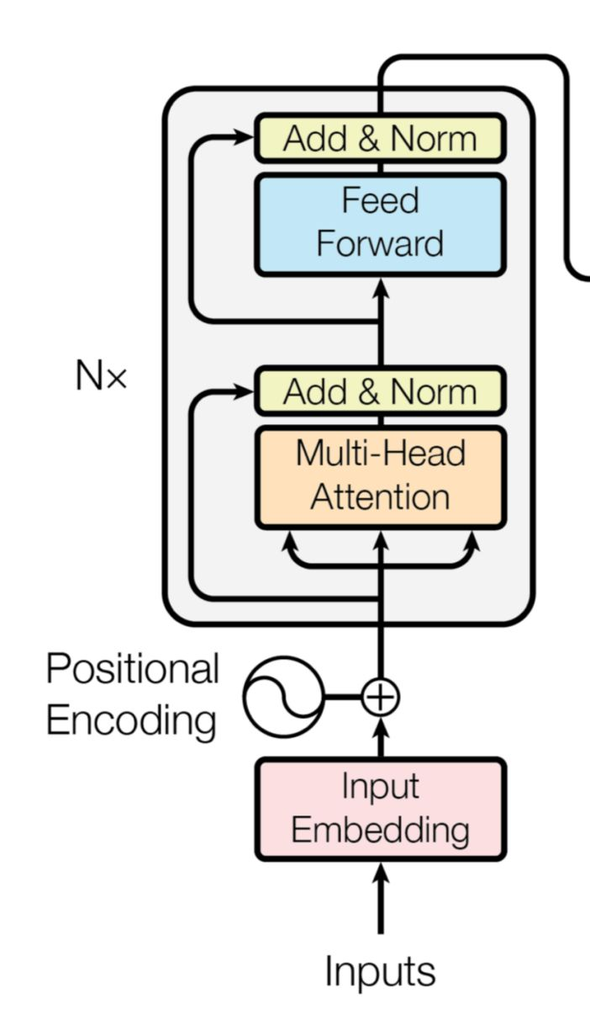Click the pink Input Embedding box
click(381, 809)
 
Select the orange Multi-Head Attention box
click(381, 476)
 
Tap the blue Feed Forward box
click(381, 223)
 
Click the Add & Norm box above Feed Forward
click(381, 138)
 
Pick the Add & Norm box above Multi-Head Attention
click(381, 391)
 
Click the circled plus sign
click(381, 697)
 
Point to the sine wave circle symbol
click(282, 697)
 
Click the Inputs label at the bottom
click(381, 971)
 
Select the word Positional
click(132, 669)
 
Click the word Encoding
click(130, 721)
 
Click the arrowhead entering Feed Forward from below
click(381, 286)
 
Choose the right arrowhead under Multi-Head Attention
click(472, 539)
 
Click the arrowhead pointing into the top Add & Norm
click(245, 135)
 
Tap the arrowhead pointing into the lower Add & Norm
click(245, 390)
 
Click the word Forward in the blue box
click(380, 244)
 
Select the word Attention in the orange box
click(381, 497)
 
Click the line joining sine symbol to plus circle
click(342, 697)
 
